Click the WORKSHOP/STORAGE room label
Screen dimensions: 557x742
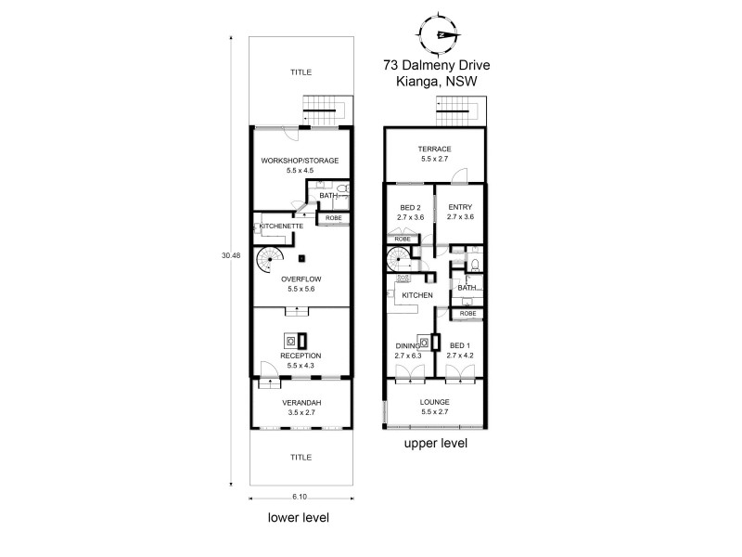(300, 161)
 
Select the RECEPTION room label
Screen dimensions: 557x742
(300, 356)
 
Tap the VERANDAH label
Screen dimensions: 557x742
(300, 403)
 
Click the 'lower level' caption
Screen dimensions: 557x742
(299, 517)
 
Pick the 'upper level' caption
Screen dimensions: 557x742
(435, 445)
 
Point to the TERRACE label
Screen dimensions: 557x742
(434, 149)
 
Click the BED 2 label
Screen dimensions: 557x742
(410, 207)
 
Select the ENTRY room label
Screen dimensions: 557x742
(460, 207)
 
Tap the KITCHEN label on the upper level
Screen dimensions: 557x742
(417, 295)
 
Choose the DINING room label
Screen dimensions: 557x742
(408, 345)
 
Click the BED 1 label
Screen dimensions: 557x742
(460, 345)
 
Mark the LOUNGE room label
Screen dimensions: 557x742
(434, 402)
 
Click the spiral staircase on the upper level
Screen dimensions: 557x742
(398, 260)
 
